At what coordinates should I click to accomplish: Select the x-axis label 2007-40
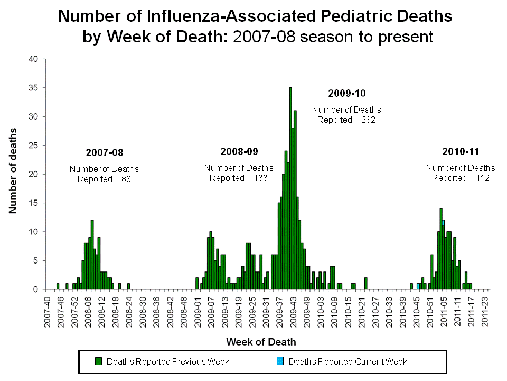coord(48,312)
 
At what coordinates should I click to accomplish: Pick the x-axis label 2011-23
coord(486,312)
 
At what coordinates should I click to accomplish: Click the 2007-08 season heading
coord(104,152)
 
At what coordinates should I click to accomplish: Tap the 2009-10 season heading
coord(346,93)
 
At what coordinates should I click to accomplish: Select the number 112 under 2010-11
coord(482,178)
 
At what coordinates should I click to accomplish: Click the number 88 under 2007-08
coord(125,179)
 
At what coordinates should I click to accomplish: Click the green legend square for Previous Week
coord(99,362)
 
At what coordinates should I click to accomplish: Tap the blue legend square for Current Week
coord(280,362)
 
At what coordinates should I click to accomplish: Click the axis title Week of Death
coord(261,342)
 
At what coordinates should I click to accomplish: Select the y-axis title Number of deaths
coord(13,170)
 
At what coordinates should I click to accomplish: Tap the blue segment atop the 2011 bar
coord(443,223)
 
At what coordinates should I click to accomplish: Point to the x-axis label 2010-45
coord(417,312)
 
